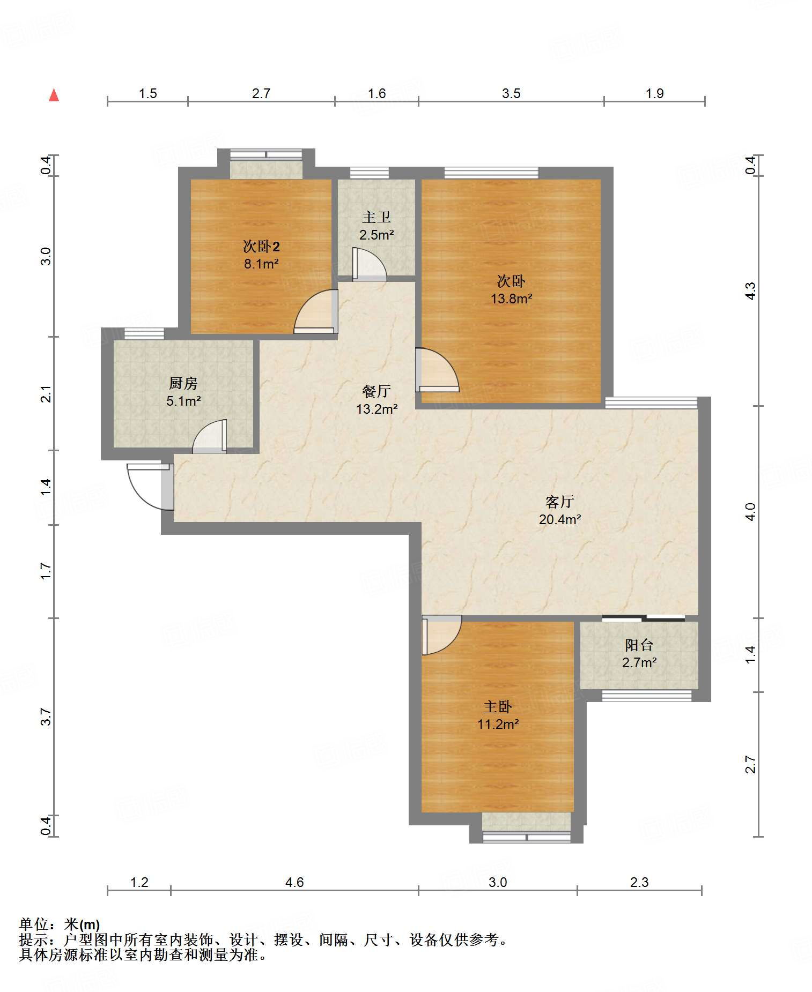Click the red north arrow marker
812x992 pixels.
click(54, 95)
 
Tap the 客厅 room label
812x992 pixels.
click(559, 502)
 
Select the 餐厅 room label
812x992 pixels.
click(377, 392)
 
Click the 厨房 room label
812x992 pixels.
click(183, 383)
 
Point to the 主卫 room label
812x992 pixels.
click(377, 217)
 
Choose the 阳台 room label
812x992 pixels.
click(639, 645)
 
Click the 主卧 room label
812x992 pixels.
click(498, 706)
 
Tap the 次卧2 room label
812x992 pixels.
click(261, 247)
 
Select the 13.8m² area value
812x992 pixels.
click(512, 299)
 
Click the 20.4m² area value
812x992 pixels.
click(560, 519)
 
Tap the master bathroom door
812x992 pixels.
click(369, 264)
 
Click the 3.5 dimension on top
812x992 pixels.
click(511, 94)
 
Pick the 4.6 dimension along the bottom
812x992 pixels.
click(294, 882)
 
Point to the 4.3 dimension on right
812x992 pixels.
click(750, 290)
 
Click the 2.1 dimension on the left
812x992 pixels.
click(47, 394)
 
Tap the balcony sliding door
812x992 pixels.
click(644, 618)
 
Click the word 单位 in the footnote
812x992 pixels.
click(34, 924)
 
